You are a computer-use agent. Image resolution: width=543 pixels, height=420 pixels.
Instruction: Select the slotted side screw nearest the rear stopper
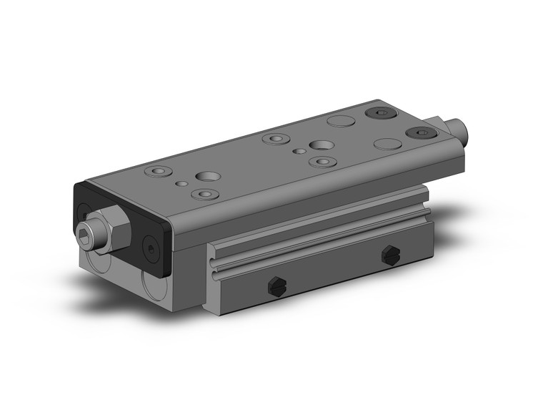(390, 253)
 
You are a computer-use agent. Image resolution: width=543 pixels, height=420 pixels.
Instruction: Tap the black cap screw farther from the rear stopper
(379, 112)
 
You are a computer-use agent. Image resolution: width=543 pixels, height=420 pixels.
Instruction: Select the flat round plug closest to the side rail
(387, 144)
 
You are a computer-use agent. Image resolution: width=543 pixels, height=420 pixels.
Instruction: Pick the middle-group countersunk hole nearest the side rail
(321, 161)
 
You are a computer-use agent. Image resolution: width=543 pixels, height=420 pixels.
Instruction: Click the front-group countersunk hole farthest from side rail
(158, 172)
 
